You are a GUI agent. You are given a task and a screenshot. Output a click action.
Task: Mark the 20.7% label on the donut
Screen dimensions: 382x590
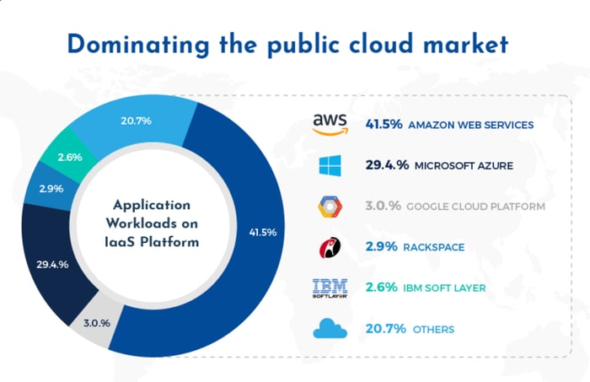[x=137, y=121]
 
